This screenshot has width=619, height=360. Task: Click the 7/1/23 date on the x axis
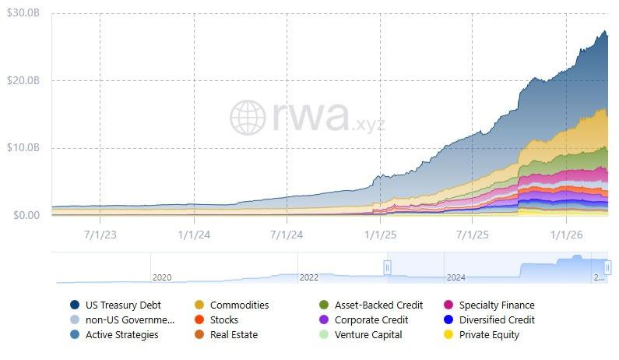click(100, 233)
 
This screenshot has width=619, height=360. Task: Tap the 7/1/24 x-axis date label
click(287, 233)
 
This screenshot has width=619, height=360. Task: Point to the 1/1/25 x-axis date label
click(380, 233)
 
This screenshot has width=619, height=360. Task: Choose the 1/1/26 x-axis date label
click(567, 233)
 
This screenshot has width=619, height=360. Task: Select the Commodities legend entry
click(239, 305)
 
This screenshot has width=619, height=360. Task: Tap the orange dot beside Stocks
click(199, 319)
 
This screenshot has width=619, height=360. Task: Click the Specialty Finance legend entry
click(497, 305)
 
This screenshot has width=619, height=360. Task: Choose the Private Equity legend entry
click(489, 334)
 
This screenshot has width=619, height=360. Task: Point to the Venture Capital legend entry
click(368, 334)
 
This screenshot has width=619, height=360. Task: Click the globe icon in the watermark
click(248, 117)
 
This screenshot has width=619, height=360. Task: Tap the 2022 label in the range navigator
click(308, 277)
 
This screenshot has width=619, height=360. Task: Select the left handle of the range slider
click(387, 267)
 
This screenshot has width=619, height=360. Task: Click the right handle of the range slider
click(608, 267)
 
